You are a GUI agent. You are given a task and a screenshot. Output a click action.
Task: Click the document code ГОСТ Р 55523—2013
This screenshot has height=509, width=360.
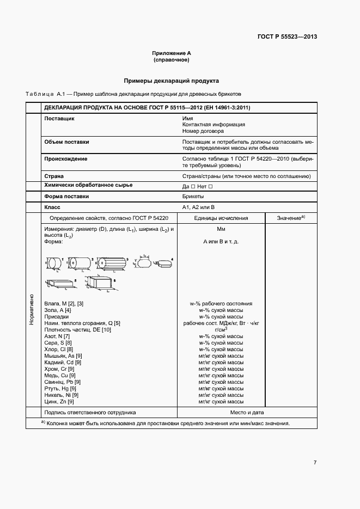pos(287,37)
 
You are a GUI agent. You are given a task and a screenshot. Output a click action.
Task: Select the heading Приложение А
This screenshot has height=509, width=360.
pos(172,53)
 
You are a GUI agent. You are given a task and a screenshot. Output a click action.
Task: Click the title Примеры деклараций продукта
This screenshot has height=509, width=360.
pos(172,80)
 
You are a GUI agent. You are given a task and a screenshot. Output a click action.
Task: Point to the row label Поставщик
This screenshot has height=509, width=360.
pos(59,118)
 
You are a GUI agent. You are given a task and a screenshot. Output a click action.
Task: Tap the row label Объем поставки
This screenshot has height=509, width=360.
pos(66,142)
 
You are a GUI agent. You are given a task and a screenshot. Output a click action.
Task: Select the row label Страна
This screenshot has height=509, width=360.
pos(54,176)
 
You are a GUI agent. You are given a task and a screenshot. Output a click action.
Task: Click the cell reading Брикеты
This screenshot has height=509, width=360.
pos(193,197)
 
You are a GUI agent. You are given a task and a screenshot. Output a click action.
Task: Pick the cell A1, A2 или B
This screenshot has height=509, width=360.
pos(199,208)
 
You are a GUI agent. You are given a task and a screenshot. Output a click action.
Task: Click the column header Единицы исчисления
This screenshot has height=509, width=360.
pos(221,218)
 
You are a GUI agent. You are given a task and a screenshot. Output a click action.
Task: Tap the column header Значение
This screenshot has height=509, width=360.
pos(290,218)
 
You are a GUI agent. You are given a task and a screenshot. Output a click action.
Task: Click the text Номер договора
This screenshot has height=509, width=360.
pos(204,131)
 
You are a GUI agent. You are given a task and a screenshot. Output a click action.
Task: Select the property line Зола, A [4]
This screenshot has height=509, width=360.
pos(58,310)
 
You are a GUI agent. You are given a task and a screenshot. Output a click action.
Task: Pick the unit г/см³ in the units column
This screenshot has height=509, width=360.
pos(221,329)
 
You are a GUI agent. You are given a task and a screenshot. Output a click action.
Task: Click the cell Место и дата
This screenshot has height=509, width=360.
pos(221,413)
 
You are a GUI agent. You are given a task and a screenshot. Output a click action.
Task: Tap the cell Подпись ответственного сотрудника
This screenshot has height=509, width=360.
pos(89,413)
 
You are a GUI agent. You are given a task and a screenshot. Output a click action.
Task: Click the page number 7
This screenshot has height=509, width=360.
pos(315,462)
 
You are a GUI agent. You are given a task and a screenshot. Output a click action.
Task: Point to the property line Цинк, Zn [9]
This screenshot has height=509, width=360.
pos(59,401)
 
